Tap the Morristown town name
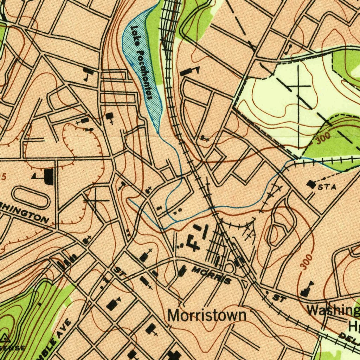206,315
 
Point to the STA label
327,187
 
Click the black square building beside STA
311,184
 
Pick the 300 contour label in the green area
323,139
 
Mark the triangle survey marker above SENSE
5,339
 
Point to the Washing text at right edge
333,310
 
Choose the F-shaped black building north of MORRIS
193,242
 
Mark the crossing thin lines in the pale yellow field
298,85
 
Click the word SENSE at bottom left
13,348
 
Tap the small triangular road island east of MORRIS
245,283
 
